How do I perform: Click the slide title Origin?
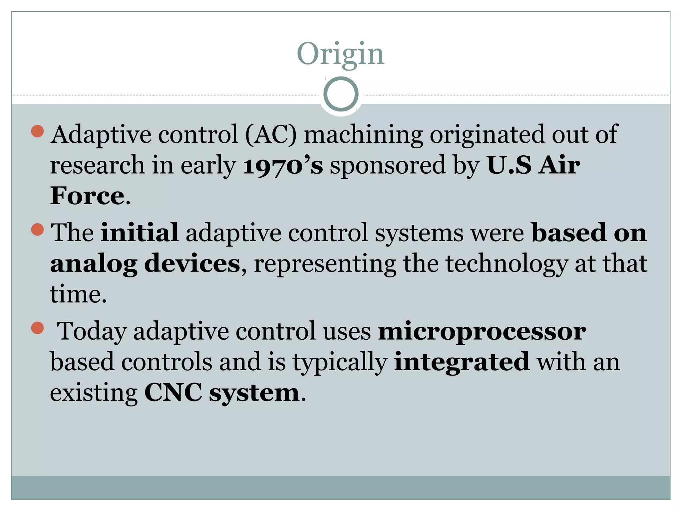tap(340, 54)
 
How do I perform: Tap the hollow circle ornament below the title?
tap(341, 94)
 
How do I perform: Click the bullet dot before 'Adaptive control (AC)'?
tap(37, 131)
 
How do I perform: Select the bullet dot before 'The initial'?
tap(37, 229)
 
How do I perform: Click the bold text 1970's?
tap(283, 165)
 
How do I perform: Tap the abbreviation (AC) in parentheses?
tap(271, 135)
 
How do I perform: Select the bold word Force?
tap(87, 196)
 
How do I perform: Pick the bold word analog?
tap(94, 264)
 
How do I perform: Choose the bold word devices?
tap(192, 263)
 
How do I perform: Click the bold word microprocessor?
tap(482, 332)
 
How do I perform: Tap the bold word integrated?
tap(462, 362)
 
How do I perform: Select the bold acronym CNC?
tap(173, 393)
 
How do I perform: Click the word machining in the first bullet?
tap(363, 135)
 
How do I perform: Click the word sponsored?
tap(388, 165)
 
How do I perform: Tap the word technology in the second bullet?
tap(507, 264)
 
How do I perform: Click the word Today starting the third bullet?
tap(92, 332)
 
